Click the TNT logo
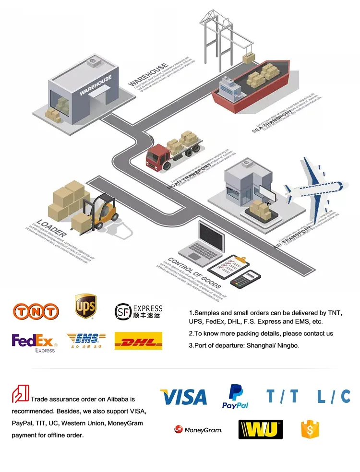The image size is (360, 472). (36, 311)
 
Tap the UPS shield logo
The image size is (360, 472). (85, 307)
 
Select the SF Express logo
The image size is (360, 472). (138, 311)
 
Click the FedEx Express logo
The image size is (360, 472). (34, 342)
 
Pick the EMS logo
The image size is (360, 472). (86, 340)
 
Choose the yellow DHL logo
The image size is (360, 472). (138, 341)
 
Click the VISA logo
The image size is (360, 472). (183, 397)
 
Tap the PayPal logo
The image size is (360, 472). (235, 397)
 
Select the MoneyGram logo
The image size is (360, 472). (198, 429)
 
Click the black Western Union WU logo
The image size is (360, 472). (260, 429)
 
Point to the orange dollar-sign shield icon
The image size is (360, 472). (310, 429)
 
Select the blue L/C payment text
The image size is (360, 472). (334, 397)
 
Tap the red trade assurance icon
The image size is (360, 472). (20, 393)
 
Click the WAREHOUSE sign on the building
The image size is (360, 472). (96, 85)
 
